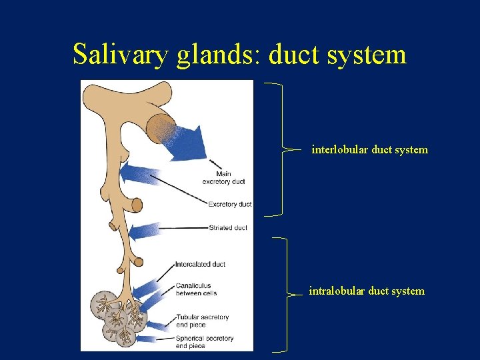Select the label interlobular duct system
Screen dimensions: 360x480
click(369, 150)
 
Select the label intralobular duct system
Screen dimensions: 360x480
click(366, 291)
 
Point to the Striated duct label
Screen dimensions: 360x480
click(228, 228)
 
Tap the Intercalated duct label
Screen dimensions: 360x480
click(200, 264)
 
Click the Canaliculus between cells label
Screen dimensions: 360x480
click(196, 289)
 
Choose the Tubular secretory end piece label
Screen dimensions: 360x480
click(202, 321)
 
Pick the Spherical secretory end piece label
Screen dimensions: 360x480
click(205, 342)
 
